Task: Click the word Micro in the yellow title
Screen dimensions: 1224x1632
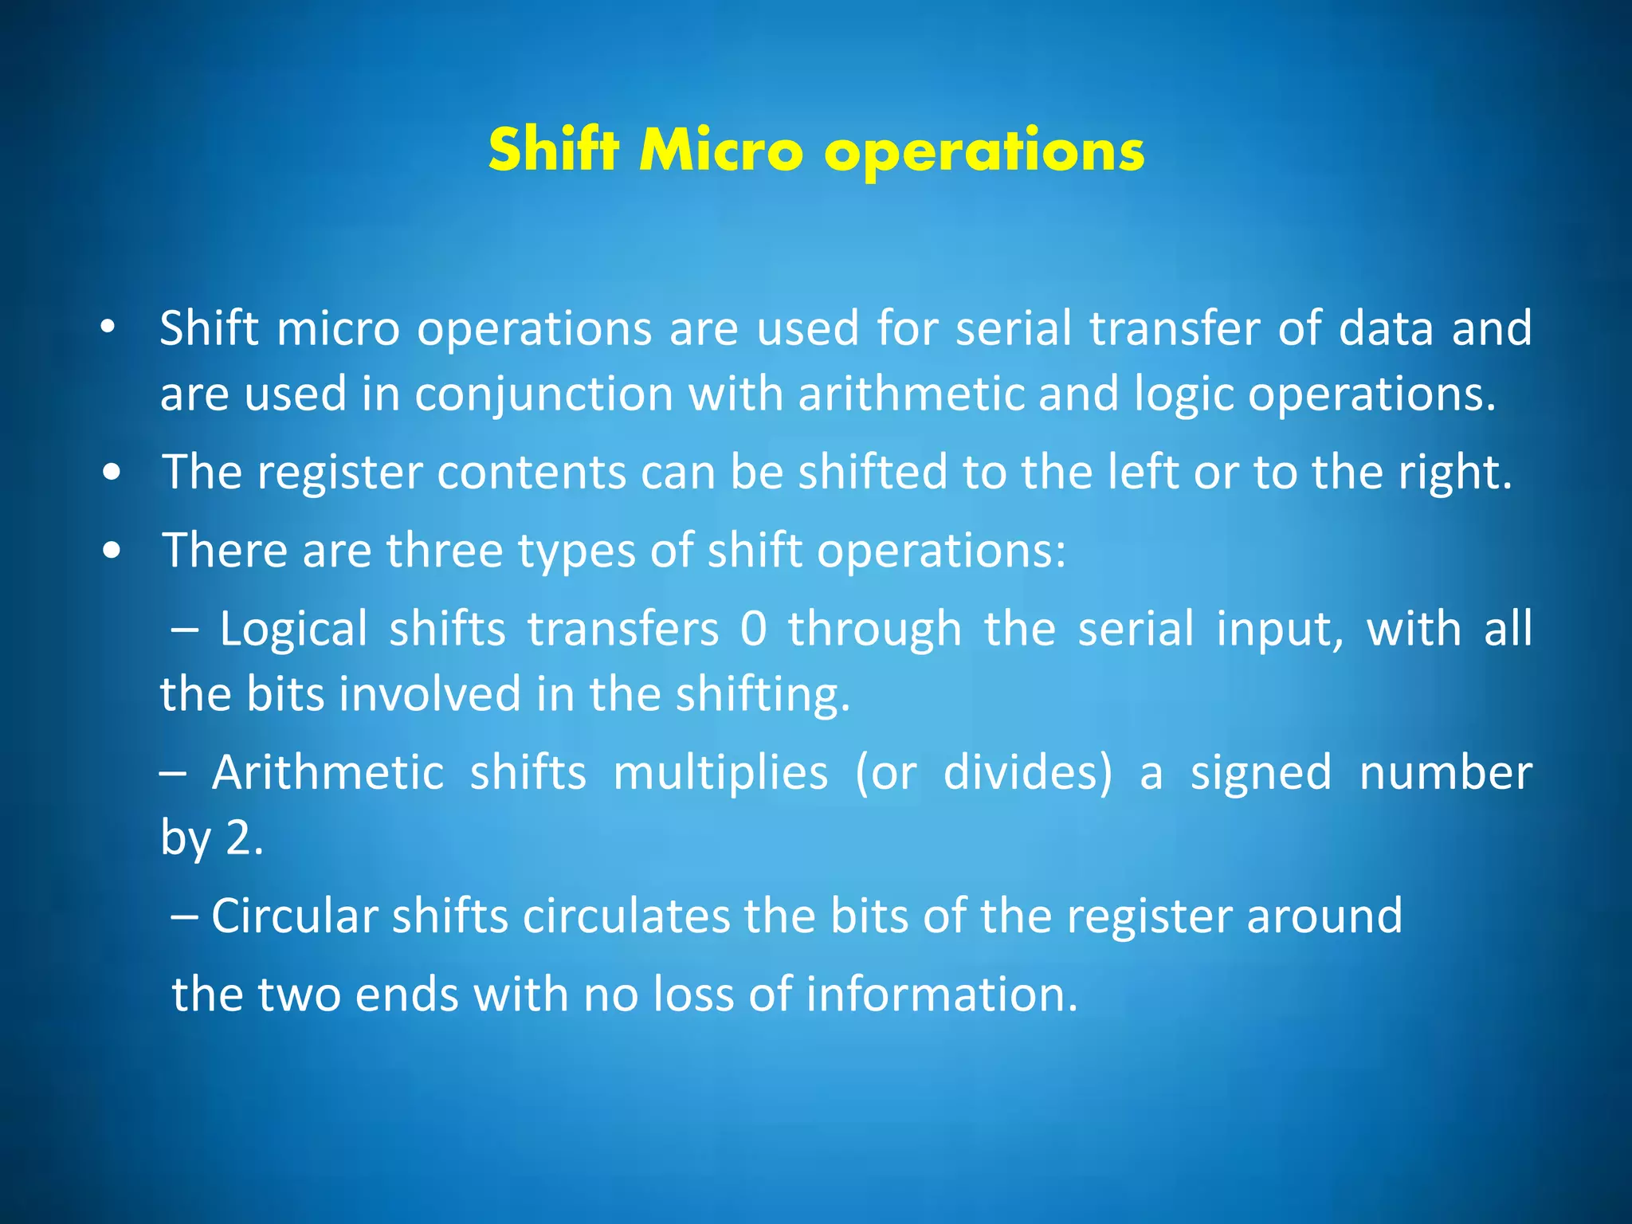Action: (x=721, y=151)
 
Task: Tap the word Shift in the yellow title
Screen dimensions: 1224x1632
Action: (x=553, y=151)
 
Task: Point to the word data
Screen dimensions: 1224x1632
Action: (x=1386, y=328)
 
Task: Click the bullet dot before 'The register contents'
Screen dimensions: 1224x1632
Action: (x=112, y=473)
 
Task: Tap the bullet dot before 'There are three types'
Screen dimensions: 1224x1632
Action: (x=112, y=551)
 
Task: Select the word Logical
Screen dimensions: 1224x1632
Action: (x=293, y=629)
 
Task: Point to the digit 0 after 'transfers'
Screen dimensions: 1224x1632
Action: (x=753, y=629)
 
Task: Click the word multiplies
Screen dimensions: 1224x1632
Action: (x=720, y=773)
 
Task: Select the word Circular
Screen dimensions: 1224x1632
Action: (x=293, y=916)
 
